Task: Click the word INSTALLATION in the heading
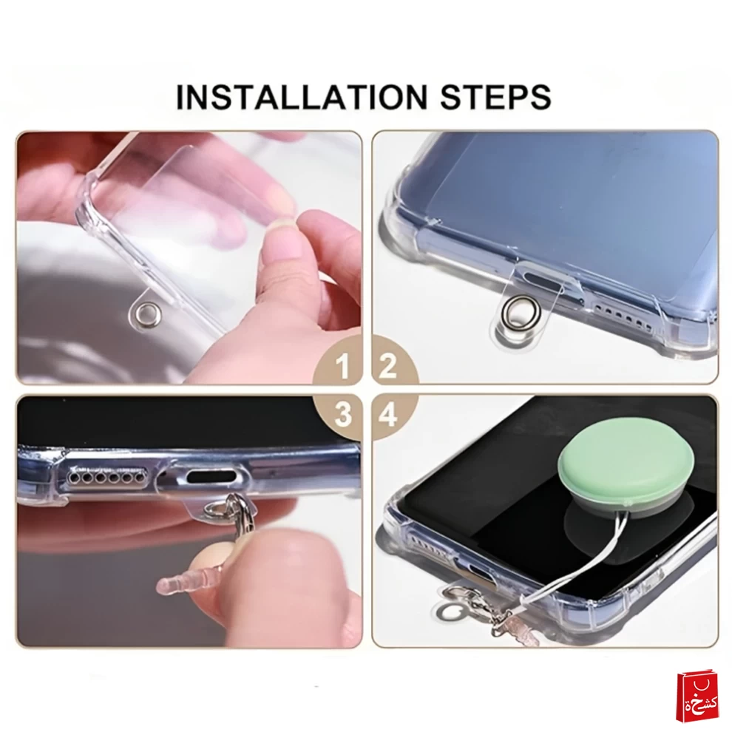click(x=302, y=97)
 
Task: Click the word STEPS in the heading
click(x=496, y=97)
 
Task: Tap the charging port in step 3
click(x=209, y=477)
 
